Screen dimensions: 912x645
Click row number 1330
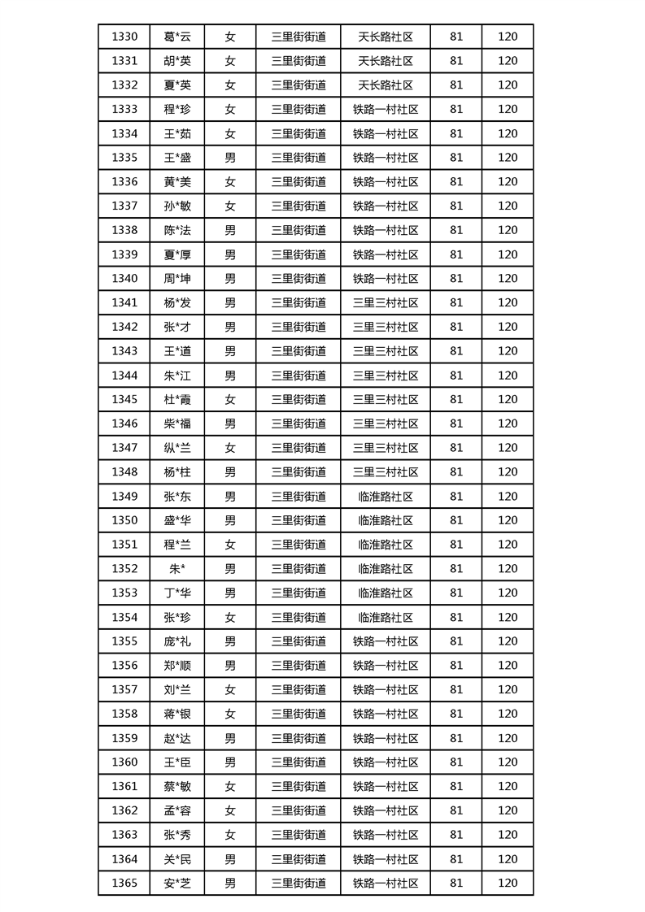pyautogui.click(x=124, y=37)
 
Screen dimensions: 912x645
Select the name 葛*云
pyautogui.click(x=177, y=37)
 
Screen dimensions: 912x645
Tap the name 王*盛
pyautogui.click(x=177, y=158)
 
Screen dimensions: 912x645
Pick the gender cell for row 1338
pyautogui.click(x=230, y=230)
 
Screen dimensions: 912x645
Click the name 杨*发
pyautogui.click(x=177, y=303)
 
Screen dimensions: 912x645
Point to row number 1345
pyautogui.click(x=124, y=400)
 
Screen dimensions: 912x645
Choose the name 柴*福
pyautogui.click(x=177, y=423)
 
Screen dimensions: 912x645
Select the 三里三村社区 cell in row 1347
pyautogui.click(x=386, y=448)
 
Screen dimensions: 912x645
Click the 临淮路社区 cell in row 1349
pyautogui.click(x=386, y=497)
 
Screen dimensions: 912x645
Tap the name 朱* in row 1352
pyautogui.click(x=177, y=569)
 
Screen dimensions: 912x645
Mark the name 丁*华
pyautogui.click(x=177, y=593)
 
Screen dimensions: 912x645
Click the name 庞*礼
pyautogui.click(x=177, y=641)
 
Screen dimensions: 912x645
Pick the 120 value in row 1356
pyautogui.click(x=508, y=666)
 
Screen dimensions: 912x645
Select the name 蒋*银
pyautogui.click(x=177, y=714)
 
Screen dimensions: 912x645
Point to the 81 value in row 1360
pyautogui.click(x=455, y=762)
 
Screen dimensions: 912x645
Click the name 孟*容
pyautogui.click(x=177, y=811)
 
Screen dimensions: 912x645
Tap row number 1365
pyautogui.click(x=124, y=884)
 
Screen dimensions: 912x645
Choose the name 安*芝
pyautogui.click(x=177, y=884)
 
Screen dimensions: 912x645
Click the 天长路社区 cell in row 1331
pyautogui.click(x=386, y=61)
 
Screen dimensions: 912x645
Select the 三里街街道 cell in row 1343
pyautogui.click(x=299, y=351)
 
